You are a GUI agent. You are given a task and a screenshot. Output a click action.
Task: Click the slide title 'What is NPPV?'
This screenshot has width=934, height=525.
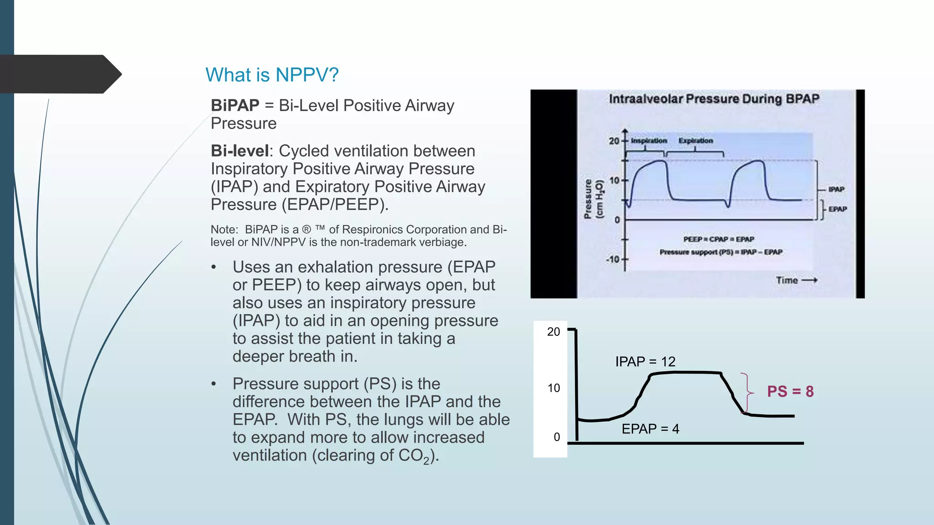(x=272, y=75)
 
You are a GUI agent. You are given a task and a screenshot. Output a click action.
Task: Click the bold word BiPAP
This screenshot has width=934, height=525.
(x=235, y=105)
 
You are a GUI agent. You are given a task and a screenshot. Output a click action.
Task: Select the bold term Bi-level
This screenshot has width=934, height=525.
(x=240, y=151)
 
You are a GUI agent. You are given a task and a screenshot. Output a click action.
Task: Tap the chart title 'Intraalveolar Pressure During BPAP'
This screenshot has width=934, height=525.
(x=714, y=99)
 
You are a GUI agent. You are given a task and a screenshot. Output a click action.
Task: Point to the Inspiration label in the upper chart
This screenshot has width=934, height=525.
(x=649, y=141)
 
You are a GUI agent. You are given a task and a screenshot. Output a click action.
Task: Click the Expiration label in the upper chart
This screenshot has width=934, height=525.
(x=695, y=141)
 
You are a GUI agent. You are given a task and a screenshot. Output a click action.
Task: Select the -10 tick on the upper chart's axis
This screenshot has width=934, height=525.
(x=613, y=260)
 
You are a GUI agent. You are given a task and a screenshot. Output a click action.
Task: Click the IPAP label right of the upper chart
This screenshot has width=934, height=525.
(x=836, y=189)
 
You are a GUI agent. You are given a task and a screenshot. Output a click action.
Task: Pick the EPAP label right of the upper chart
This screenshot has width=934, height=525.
(x=838, y=209)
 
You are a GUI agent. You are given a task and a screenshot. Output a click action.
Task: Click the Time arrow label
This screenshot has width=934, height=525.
(x=796, y=280)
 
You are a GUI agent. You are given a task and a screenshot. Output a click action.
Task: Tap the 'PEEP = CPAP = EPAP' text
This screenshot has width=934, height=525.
(x=718, y=239)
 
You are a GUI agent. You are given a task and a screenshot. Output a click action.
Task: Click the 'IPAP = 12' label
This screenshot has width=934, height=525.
(x=645, y=362)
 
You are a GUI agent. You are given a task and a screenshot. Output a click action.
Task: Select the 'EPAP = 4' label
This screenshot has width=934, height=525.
(x=650, y=429)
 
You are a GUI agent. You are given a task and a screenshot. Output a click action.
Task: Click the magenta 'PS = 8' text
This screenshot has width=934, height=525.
(x=790, y=391)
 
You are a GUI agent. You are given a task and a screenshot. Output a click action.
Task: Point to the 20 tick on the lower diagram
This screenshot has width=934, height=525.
(x=553, y=332)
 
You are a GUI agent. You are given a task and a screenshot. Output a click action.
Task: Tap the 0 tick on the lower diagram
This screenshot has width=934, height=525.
(x=556, y=437)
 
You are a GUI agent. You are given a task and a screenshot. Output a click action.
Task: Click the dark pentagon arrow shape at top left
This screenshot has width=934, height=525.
(x=59, y=74)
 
